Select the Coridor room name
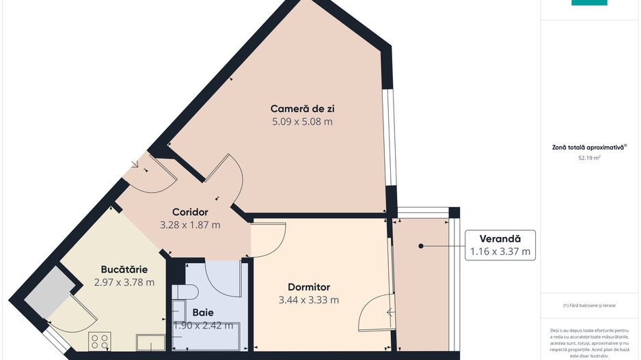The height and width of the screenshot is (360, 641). (x=190, y=211)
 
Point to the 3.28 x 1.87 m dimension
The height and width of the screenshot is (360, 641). (x=190, y=224)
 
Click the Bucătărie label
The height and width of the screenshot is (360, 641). (x=124, y=269)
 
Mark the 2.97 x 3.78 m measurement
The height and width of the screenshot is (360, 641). (x=124, y=282)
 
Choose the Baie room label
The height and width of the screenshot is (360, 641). (x=202, y=312)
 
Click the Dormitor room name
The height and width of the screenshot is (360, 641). (x=308, y=287)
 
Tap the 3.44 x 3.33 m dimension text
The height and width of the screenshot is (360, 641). (x=308, y=300)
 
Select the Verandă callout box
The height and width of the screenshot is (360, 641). (x=500, y=245)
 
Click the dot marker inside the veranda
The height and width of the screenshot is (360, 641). (x=421, y=246)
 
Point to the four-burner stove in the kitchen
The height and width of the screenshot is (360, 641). (x=100, y=340)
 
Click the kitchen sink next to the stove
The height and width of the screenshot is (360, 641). (x=150, y=342)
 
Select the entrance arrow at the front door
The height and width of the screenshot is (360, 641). (x=134, y=164)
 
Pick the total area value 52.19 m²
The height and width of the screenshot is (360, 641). (x=589, y=158)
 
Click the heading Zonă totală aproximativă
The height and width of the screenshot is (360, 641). (x=589, y=147)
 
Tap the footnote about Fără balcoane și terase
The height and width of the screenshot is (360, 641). (x=589, y=305)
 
